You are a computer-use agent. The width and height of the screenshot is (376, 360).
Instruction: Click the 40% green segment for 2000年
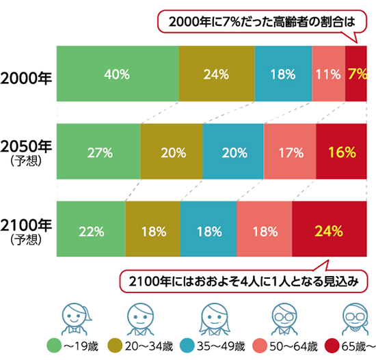pos(118,74)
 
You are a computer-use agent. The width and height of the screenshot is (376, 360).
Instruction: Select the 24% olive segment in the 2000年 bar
pos(216,74)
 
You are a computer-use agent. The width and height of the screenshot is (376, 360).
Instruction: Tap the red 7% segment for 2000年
pos(355,74)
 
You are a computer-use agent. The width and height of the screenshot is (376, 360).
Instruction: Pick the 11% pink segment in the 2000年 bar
pos(328,74)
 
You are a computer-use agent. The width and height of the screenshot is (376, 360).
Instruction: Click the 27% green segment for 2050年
pos(99,152)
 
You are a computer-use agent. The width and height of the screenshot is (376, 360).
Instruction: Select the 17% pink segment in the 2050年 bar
pos(290,152)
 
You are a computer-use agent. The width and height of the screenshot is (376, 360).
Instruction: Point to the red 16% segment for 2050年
pos(340,152)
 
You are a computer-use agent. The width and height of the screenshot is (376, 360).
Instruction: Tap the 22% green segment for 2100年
pos(91,231)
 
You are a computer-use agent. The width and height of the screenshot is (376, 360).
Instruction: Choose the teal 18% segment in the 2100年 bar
pos(209,231)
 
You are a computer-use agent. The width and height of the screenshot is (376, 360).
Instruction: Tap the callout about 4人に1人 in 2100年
pos(244,279)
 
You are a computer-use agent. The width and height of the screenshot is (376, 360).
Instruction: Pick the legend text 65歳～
pos(355,345)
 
